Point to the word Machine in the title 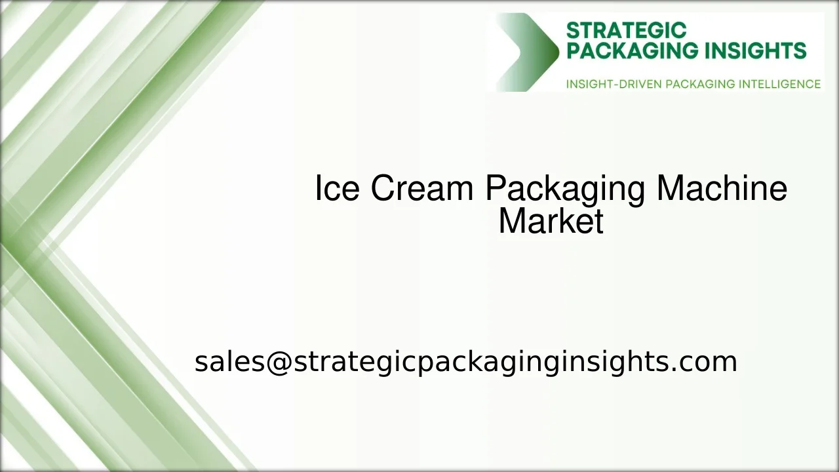click(x=722, y=189)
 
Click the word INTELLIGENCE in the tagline click(x=779, y=84)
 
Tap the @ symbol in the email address click(x=279, y=362)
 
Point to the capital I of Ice click(x=318, y=189)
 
